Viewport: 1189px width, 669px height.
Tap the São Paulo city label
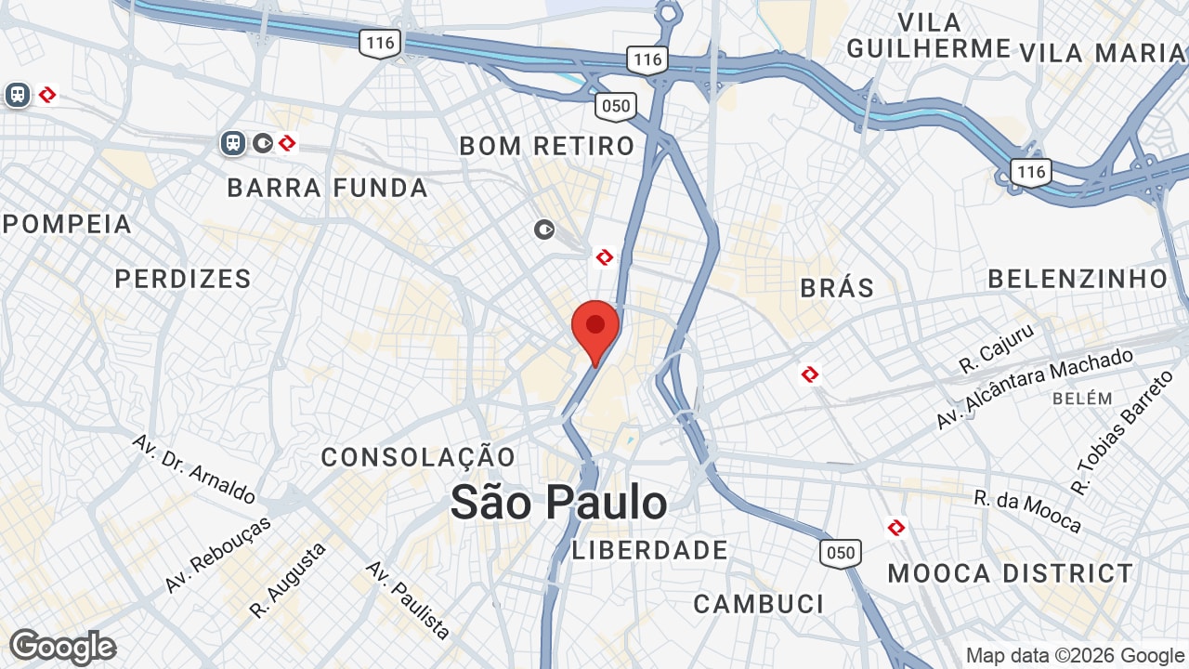(558, 503)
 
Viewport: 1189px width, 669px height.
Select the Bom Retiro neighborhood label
(547, 146)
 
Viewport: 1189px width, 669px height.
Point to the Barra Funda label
(328, 188)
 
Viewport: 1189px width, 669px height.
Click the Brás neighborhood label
(837, 288)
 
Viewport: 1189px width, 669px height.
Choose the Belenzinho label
(1078, 279)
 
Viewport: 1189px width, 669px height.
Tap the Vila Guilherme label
(929, 35)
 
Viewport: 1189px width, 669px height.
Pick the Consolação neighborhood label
(418, 457)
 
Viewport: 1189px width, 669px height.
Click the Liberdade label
(650, 550)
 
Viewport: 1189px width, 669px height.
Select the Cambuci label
(759, 604)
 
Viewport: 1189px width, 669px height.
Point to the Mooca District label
(1011, 573)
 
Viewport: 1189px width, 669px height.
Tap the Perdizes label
(183, 279)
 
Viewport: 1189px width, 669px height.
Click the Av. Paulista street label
(408, 599)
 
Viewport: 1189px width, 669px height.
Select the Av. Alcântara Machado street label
(1034, 388)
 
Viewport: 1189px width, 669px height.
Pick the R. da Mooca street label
(1027, 512)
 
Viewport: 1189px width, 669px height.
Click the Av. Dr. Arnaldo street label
(193, 467)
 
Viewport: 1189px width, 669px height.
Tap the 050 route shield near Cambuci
(840, 553)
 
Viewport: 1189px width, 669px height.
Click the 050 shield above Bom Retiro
(615, 106)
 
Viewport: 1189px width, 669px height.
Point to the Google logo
(62, 647)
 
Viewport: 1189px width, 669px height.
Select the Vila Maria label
(1103, 53)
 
